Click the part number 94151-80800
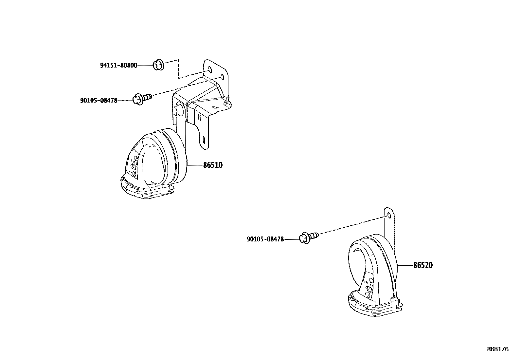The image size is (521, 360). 118,66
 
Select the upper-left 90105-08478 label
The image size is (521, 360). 99,101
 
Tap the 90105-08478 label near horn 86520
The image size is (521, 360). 265,239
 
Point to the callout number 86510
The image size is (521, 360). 213,165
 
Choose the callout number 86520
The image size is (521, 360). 423,266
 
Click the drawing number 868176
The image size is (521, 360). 497,350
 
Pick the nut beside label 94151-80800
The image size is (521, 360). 159,65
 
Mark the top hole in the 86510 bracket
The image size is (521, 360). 210,70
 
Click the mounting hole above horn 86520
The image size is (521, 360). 388,215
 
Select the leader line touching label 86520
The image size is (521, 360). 405,265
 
